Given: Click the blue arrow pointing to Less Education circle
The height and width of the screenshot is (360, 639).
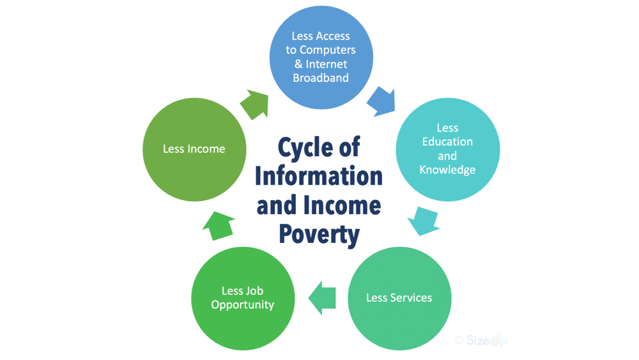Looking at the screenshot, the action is (381, 102).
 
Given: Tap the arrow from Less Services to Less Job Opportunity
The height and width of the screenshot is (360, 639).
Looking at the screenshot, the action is (322, 298).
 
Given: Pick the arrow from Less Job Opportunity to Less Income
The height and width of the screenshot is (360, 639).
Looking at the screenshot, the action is (219, 226).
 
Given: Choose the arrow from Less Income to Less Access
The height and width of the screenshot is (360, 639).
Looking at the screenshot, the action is (255, 105).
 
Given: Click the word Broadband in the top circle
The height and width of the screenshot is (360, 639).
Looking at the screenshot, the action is (321, 78).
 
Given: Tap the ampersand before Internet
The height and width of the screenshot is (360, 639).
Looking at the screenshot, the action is (298, 64).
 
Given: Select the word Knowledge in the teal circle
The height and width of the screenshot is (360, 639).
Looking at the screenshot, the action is (447, 170).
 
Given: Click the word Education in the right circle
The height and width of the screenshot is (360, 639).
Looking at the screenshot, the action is (447, 142).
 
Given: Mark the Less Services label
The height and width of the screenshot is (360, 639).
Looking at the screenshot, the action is (399, 298).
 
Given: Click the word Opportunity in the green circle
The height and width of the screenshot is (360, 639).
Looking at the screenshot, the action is (242, 305).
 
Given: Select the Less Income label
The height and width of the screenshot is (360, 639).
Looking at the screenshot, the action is (194, 149).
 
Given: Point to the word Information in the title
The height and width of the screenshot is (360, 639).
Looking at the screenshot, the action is (319, 176).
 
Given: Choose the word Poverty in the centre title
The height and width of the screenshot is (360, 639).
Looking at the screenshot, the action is (319, 235).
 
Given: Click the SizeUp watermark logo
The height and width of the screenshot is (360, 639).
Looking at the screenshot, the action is (481, 340).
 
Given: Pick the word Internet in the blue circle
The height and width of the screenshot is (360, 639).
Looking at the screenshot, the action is (327, 64).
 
